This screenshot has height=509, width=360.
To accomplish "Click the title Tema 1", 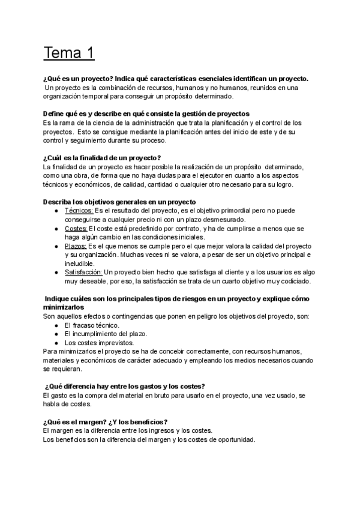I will tap(69, 53).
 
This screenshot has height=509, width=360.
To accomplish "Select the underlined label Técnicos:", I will tap(79, 211).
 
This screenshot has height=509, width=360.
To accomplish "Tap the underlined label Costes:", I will tap(76, 229).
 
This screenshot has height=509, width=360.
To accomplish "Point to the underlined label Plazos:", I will tap(76, 246).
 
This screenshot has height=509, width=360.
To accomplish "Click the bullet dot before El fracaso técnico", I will tap(55, 325).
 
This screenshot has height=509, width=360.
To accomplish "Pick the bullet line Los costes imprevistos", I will tap(98, 342).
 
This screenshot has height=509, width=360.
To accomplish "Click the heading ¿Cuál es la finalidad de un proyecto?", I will tap(102, 158).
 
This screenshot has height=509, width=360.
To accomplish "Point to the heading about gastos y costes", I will tap(125, 386).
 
